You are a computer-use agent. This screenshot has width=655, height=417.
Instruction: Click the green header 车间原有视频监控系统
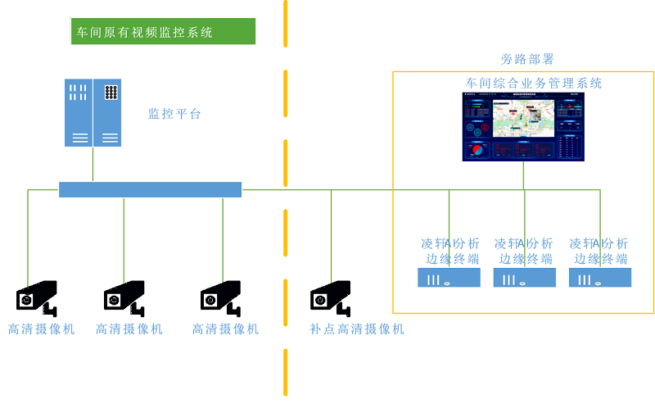[163, 31]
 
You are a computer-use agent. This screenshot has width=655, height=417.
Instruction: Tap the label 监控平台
[174, 114]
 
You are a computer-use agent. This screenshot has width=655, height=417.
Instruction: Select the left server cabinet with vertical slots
[79, 112]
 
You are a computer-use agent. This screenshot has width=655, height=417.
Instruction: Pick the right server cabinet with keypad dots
[107, 112]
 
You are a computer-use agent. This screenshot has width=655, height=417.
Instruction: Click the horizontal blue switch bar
[150, 190]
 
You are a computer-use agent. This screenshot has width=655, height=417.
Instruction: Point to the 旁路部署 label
[527, 59]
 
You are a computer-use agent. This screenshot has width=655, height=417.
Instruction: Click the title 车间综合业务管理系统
[534, 83]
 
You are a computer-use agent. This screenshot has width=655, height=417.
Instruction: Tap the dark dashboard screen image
[523, 126]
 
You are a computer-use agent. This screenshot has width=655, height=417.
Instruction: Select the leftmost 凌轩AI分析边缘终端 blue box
[449, 278]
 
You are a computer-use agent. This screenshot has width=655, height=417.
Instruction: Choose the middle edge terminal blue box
[524, 278]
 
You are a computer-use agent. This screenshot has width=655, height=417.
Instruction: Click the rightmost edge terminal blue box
[600, 278]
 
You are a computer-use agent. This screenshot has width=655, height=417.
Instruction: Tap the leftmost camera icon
[37, 297]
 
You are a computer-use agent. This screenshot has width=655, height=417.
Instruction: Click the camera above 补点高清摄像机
[331, 297]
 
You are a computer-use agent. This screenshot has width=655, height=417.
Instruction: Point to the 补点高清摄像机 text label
[357, 329]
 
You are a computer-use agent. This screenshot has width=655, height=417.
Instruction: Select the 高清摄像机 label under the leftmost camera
[41, 329]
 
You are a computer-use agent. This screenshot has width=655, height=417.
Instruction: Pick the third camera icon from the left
[221, 297]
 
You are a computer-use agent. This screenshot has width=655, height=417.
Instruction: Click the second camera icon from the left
[124, 297]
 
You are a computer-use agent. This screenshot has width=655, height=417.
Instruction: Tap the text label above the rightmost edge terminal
[600, 251]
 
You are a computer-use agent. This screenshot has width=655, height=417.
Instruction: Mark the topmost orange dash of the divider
[286, 23]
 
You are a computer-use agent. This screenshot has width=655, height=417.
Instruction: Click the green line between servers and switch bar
[93, 164]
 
